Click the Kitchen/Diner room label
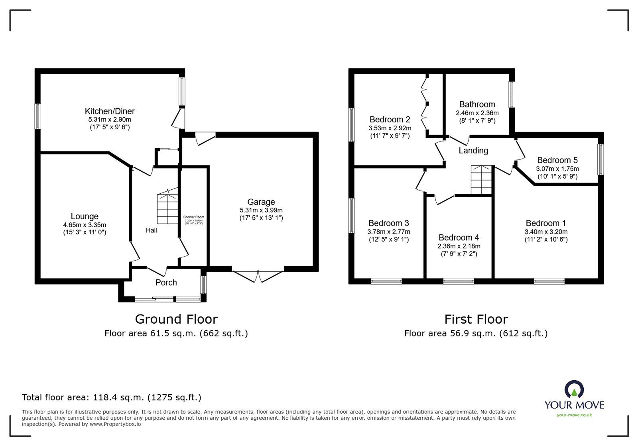pos(110,111)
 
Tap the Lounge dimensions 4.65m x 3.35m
pos(85,225)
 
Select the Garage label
pos(261,202)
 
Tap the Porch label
pos(166,283)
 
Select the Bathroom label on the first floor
pos(477,104)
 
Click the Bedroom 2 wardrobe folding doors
pos(426,104)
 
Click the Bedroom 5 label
pos(557,160)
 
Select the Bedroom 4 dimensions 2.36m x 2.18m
pos(459,246)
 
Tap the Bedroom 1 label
pos(545,223)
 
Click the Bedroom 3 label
pos(388,223)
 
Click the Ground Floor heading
pos(176,319)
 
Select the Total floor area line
pos(112,397)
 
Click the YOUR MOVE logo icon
pos(574,389)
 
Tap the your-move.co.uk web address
pos(574,415)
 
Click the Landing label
pos(473,151)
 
